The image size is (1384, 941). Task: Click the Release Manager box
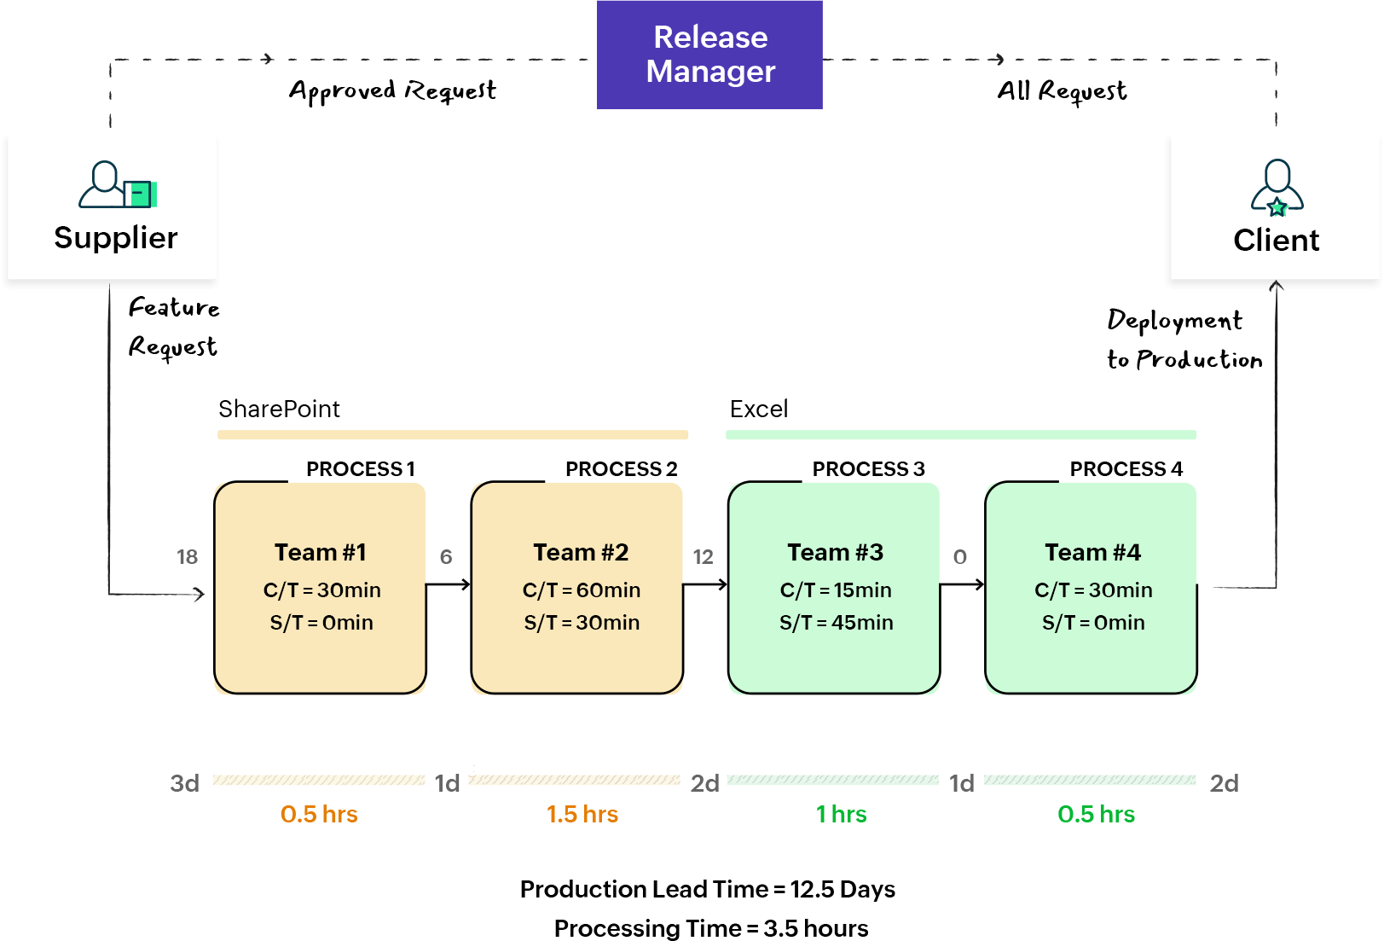pos(709,55)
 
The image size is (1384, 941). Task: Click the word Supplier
pos(116,238)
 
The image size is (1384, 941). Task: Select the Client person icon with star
pos(1277,187)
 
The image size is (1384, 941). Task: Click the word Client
pos(1276,241)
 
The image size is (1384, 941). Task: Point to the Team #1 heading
pos(321,553)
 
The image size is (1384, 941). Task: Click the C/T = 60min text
pos(582,590)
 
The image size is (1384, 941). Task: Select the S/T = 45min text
pos(836,623)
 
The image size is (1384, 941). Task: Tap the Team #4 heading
pos(1092,553)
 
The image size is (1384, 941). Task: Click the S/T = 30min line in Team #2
pos(582,623)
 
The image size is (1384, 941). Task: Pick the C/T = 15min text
pos(836,590)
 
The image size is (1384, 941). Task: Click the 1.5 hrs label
pos(582,815)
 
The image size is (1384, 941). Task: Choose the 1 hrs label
pos(841,815)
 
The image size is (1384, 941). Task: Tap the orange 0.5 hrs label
pos(319,815)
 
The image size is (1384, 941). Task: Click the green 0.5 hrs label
pos(1096,815)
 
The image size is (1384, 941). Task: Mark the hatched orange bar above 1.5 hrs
pos(574,780)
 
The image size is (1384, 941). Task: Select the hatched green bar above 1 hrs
pos(832,780)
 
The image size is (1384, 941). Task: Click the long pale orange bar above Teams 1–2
pos(453,435)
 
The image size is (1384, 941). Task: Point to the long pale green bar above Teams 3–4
pos(961,435)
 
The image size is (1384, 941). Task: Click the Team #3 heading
pos(836,553)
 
